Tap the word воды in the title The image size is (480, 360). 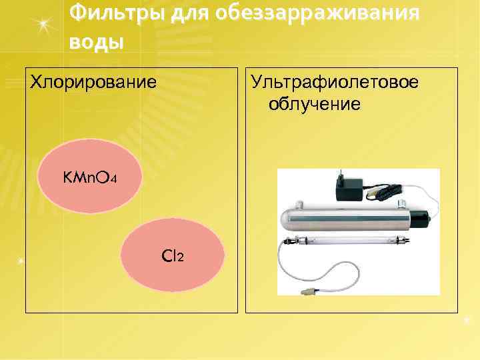point(96,41)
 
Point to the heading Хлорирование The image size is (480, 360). point(95,82)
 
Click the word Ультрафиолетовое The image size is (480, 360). point(334,82)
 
